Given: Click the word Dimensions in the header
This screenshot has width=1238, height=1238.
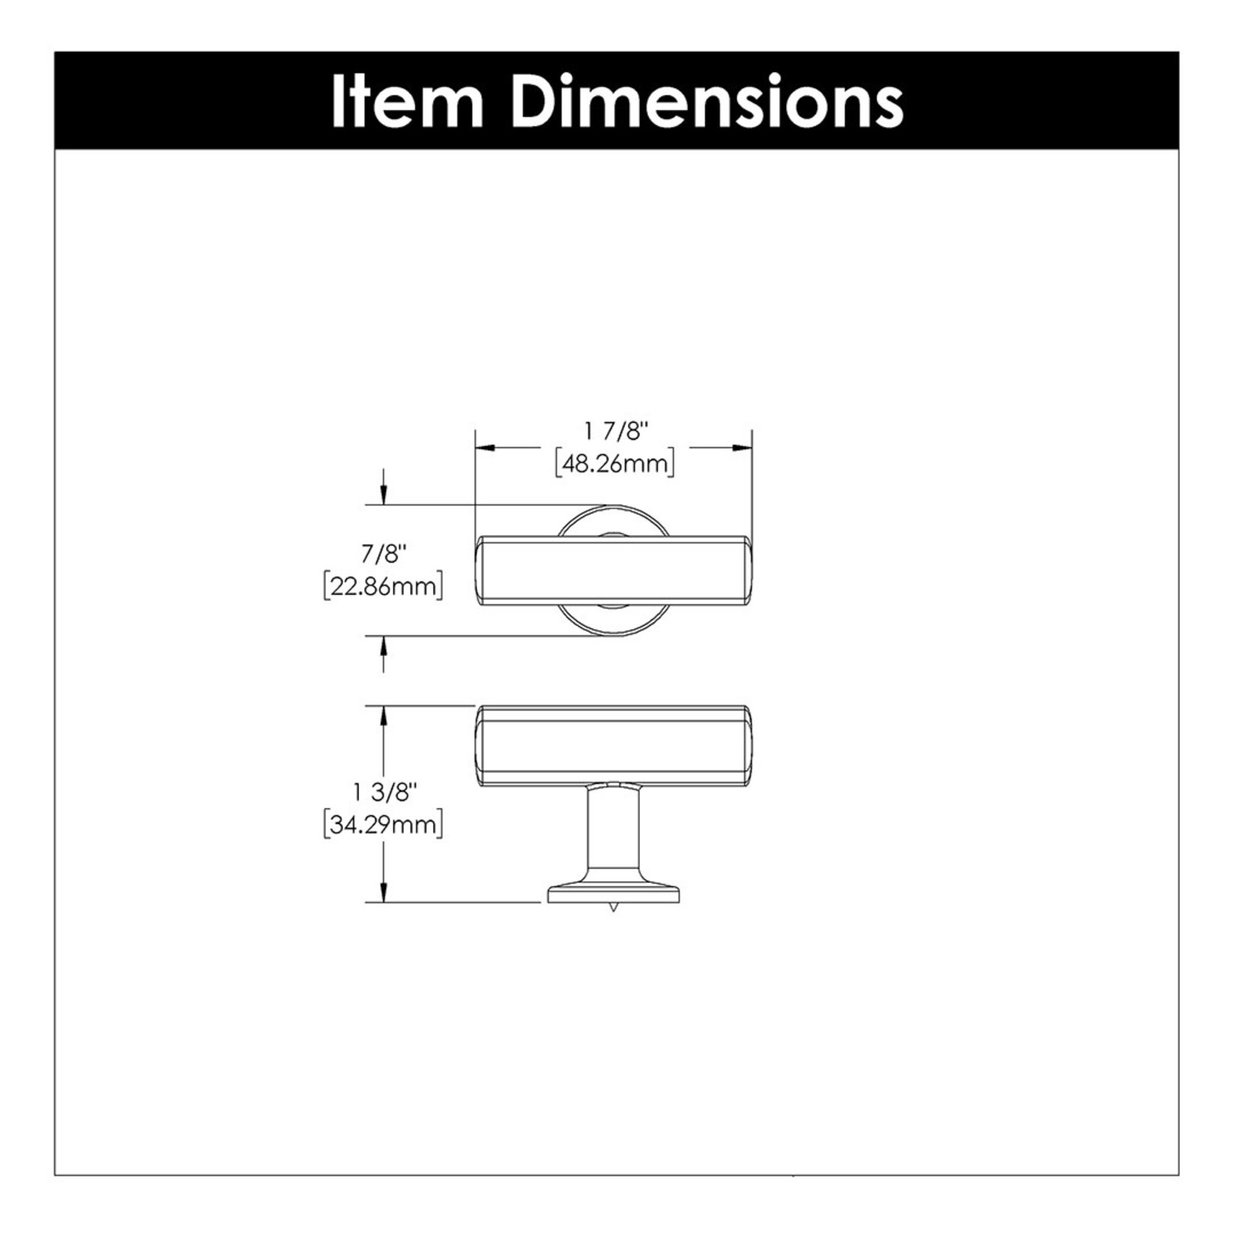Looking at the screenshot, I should (x=707, y=102).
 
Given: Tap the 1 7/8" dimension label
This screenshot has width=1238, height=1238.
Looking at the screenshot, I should (x=615, y=431).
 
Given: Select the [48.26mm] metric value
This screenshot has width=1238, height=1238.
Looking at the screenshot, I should (x=615, y=464).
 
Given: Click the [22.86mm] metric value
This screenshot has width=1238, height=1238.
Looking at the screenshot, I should (x=383, y=586).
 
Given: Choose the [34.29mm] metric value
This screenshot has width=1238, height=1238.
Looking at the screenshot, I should (x=383, y=824).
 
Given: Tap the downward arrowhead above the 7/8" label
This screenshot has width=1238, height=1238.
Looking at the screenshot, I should (x=384, y=495).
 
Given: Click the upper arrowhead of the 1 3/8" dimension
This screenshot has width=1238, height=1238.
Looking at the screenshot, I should (x=384, y=716).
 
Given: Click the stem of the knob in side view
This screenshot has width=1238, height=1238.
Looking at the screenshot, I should (x=614, y=832).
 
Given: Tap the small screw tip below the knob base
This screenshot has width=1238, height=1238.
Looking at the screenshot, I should (x=614, y=908).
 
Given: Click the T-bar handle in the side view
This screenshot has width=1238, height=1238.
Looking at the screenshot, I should (x=614, y=745).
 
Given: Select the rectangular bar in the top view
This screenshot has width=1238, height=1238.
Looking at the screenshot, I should (x=614, y=569).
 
